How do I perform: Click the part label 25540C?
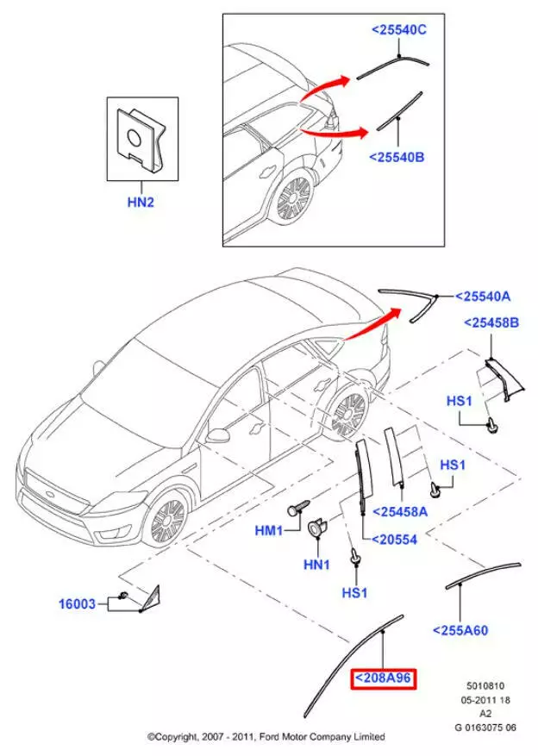(x=399, y=30)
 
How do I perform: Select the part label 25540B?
(x=397, y=157)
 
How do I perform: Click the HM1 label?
(x=268, y=532)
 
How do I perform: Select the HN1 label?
(x=316, y=565)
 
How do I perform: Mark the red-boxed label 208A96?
(x=382, y=679)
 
